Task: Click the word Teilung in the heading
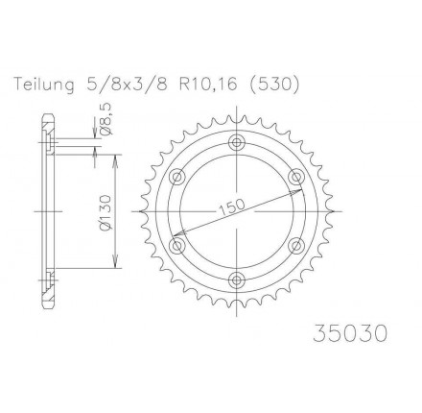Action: tap(43, 85)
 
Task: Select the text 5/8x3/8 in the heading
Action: tap(126, 85)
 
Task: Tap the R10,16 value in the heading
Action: tap(208, 85)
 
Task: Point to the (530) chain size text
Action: tap(273, 85)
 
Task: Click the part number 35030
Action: tap(350, 333)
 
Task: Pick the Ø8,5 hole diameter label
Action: tap(106, 121)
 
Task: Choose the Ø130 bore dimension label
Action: tap(106, 211)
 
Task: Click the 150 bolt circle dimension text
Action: tap(232, 206)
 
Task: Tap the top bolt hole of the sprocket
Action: tap(237, 142)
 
